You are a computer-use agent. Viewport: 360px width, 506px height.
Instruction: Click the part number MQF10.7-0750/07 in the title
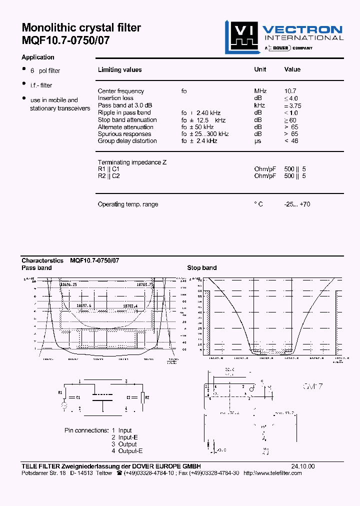tap(65, 40)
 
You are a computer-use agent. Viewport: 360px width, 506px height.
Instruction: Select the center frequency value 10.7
tap(290, 91)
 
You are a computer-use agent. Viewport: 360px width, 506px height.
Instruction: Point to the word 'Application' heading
tap(38, 57)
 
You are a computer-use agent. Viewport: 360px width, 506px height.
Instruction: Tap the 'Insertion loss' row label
tap(115, 98)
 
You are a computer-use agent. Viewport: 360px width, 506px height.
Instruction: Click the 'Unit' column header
tap(260, 69)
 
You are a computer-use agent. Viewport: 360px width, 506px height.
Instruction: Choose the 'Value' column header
tap(292, 69)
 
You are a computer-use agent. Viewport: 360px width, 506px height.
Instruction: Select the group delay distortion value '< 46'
tap(291, 141)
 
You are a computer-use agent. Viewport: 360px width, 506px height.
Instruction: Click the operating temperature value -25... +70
tap(296, 204)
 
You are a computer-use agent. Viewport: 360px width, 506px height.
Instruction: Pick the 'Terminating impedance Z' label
tap(132, 162)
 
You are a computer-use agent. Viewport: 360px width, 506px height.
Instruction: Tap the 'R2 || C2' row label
tap(108, 176)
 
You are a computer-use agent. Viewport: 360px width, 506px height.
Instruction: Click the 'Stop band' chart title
tap(201, 268)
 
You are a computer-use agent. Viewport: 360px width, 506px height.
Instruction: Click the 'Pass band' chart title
tap(36, 268)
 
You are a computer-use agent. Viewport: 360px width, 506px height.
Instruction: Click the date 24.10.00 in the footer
tap(303, 466)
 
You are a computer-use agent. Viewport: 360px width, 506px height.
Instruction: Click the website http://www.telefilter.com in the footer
tap(272, 473)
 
